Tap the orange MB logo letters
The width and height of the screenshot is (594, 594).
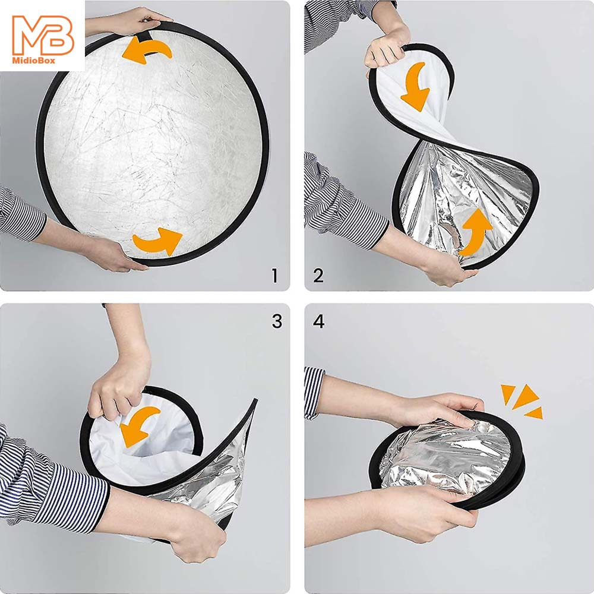[43, 35]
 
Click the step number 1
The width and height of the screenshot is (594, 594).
[274, 276]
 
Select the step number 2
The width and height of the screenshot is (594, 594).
[318, 276]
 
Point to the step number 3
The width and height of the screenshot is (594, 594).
[277, 321]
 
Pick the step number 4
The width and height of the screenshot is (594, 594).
[318, 321]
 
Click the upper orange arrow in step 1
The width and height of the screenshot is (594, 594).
[147, 50]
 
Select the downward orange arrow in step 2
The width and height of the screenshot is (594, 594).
[416, 86]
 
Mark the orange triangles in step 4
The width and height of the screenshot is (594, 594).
[522, 401]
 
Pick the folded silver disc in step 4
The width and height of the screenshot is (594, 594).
[448, 460]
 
